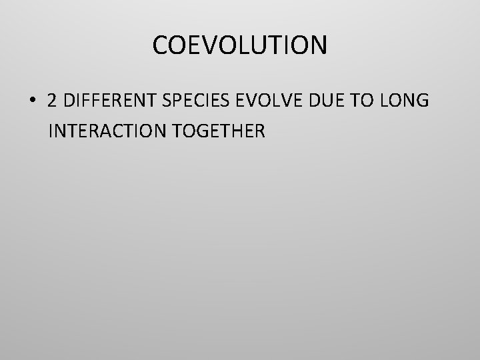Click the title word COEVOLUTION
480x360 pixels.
(x=240, y=45)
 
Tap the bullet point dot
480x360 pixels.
(x=32, y=101)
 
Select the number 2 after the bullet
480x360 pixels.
(x=52, y=101)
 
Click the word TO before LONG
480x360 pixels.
(x=364, y=101)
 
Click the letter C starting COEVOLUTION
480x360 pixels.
(x=160, y=45)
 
